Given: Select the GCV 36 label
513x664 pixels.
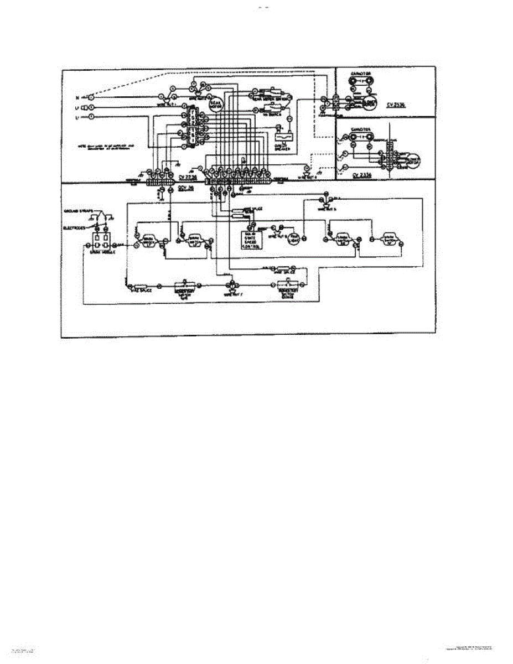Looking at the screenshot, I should click(x=185, y=188).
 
